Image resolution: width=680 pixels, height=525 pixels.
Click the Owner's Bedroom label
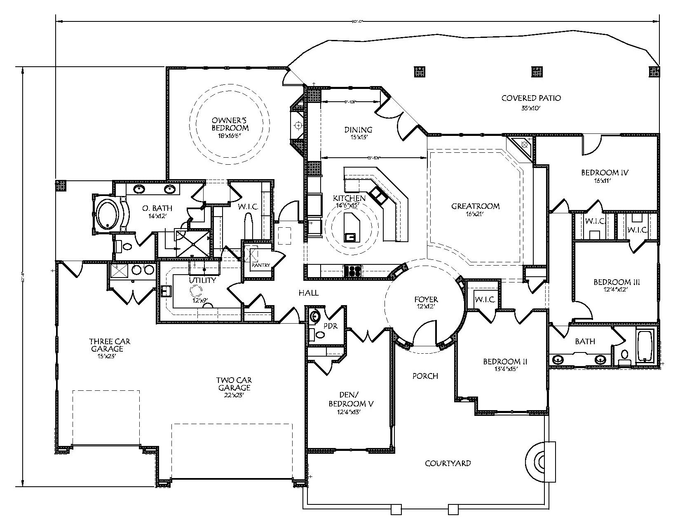tap(230, 124)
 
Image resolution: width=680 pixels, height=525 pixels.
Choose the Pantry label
tap(261, 265)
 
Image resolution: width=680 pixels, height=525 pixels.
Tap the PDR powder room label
tap(330, 326)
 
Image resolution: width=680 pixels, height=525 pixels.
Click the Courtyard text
tap(448, 463)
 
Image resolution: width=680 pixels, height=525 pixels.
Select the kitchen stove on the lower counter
tap(353, 271)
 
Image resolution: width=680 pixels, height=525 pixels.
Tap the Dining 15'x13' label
tap(358, 133)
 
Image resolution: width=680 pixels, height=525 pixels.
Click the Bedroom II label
tap(505, 365)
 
